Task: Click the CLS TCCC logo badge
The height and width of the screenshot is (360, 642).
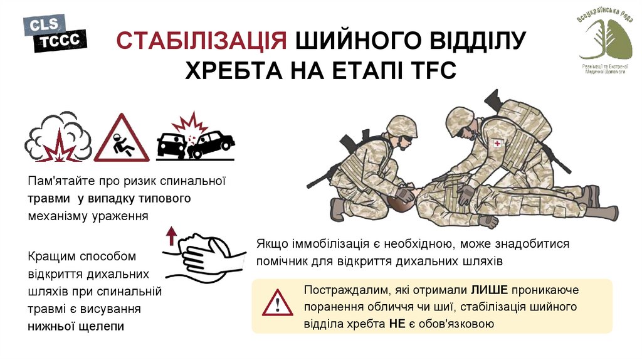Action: tap(55, 34)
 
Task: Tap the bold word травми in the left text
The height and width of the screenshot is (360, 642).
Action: tap(49, 199)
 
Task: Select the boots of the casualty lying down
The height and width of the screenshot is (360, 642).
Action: tap(596, 204)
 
